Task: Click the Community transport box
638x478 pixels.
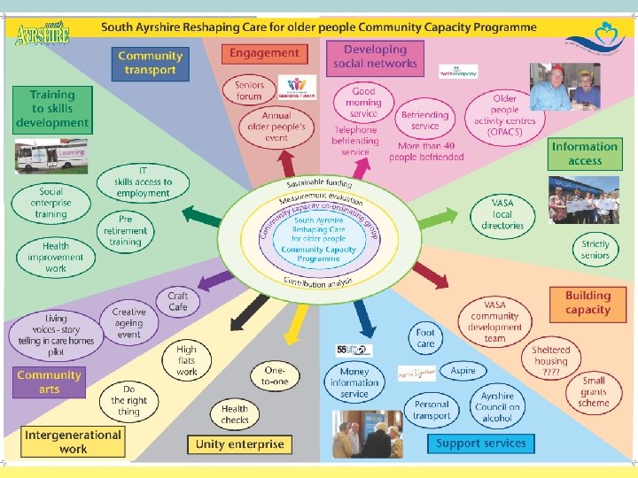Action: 151,63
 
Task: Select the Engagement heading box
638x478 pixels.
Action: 264,53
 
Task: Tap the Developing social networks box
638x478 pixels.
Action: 375,57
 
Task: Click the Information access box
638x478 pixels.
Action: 585,153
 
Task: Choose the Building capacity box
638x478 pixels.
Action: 588,303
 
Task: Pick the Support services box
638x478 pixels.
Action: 481,443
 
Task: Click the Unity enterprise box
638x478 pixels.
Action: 239,443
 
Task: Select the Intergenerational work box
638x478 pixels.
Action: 73,442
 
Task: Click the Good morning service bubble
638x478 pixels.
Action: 363,103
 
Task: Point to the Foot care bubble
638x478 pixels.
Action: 426,338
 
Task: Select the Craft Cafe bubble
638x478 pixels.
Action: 178,302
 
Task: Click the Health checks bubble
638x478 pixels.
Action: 235,414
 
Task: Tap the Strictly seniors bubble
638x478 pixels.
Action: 595,250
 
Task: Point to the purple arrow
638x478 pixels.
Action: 214,282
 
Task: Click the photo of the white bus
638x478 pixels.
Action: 51,156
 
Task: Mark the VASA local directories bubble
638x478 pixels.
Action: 502,214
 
